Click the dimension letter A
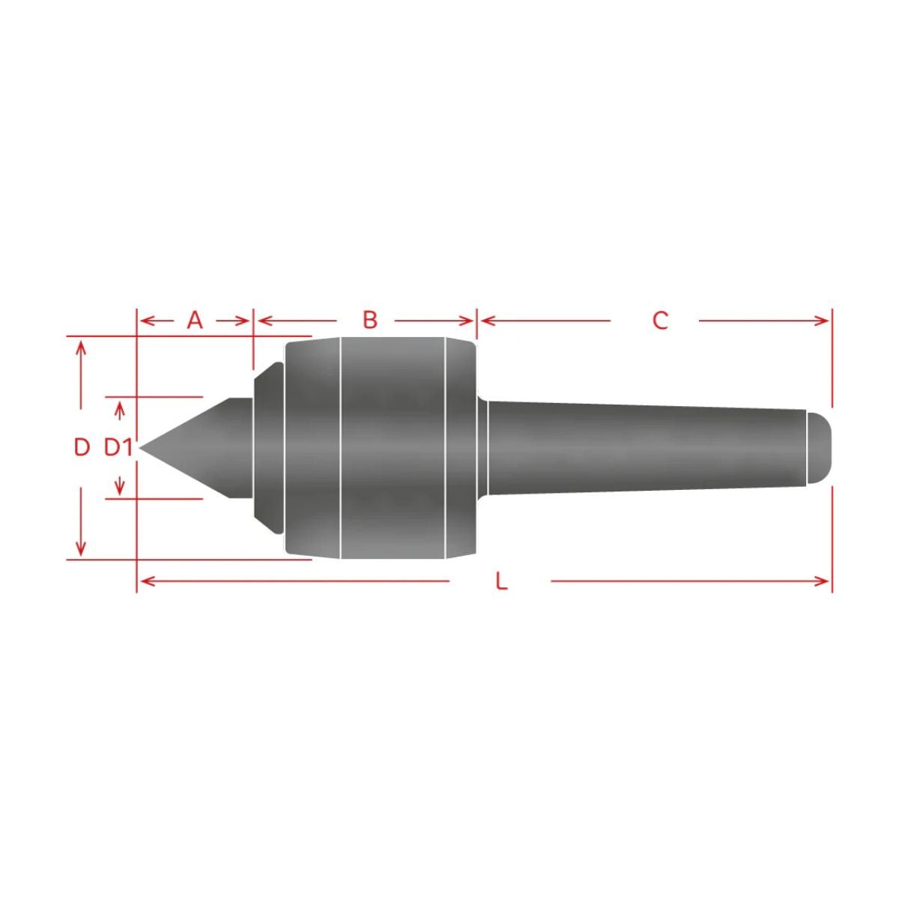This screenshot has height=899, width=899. tap(195, 321)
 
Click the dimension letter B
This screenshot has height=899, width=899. tap(370, 320)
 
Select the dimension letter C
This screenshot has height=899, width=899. tap(660, 321)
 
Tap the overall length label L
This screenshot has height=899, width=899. tap(501, 581)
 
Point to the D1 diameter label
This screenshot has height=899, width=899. tap(118, 448)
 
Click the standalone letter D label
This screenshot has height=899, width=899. tap(82, 448)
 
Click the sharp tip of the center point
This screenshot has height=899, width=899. tap(140, 448)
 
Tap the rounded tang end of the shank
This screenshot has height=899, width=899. tap(819, 448)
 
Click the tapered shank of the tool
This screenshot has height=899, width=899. tap(646, 448)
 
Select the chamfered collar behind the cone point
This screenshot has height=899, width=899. tap(269, 448)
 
